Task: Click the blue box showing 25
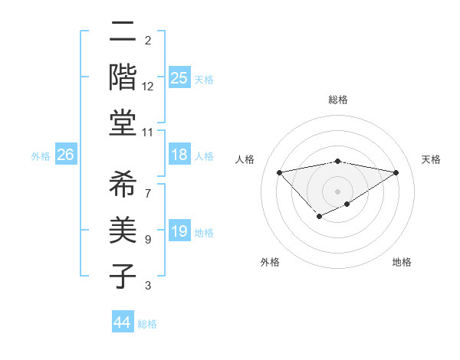click(179, 77)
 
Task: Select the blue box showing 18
click(179, 155)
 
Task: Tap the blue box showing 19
click(179, 231)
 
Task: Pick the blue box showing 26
click(65, 155)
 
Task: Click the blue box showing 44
click(122, 322)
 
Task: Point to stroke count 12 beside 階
click(148, 87)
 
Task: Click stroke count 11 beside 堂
click(148, 132)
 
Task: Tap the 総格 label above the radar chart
click(337, 100)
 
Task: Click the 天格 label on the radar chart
click(431, 159)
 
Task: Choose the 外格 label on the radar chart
click(270, 262)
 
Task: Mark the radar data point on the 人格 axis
click(279, 172)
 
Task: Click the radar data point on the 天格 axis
click(396, 172)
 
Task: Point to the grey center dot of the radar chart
click(337, 191)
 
